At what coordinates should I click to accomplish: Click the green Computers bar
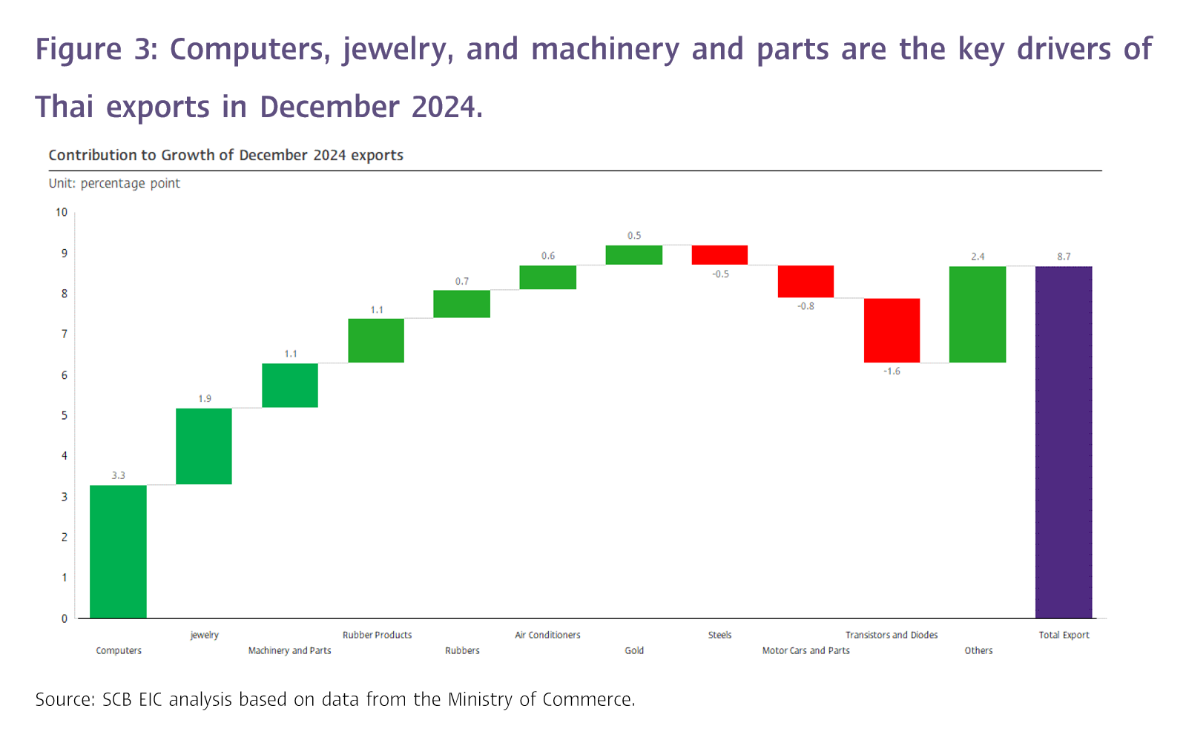pos(118,551)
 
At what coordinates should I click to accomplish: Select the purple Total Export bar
pos(1064,442)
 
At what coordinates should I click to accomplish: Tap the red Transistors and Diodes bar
pos(892,330)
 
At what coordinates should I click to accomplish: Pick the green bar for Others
pos(978,314)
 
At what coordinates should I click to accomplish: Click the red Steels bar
pos(719,254)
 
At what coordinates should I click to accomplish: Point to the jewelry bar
pos(204,446)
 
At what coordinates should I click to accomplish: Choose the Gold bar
pos(633,254)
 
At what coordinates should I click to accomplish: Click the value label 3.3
pos(119,475)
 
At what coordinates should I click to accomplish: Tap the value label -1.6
pos(892,371)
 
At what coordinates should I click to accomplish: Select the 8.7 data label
pos(1064,257)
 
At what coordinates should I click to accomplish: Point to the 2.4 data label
pos(978,257)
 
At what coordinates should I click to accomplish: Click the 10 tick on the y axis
pos(61,212)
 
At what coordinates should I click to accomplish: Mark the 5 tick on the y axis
pos(64,415)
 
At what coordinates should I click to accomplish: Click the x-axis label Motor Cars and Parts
pos(806,650)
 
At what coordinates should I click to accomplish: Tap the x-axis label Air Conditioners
pos(547,635)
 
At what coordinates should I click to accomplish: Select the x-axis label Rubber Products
pos(377,635)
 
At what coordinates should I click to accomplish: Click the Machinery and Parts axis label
pos(289,650)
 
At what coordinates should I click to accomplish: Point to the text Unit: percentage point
pos(114,183)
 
